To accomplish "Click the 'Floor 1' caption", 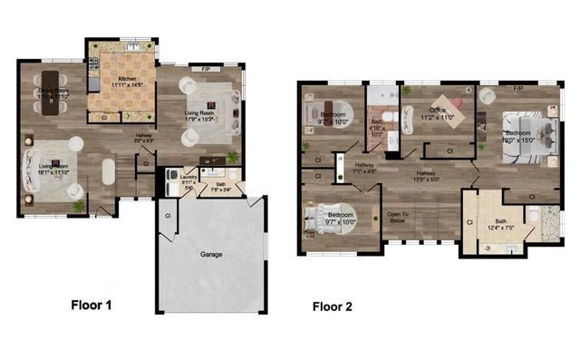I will click(x=91, y=305).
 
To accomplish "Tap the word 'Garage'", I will click(x=212, y=255).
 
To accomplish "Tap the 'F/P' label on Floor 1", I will click(x=206, y=68).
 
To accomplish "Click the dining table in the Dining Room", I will click(x=47, y=90).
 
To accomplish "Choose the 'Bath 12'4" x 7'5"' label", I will click(x=501, y=224).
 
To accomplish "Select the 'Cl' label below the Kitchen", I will click(x=103, y=117).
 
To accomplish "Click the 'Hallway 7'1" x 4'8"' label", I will click(x=365, y=167).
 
